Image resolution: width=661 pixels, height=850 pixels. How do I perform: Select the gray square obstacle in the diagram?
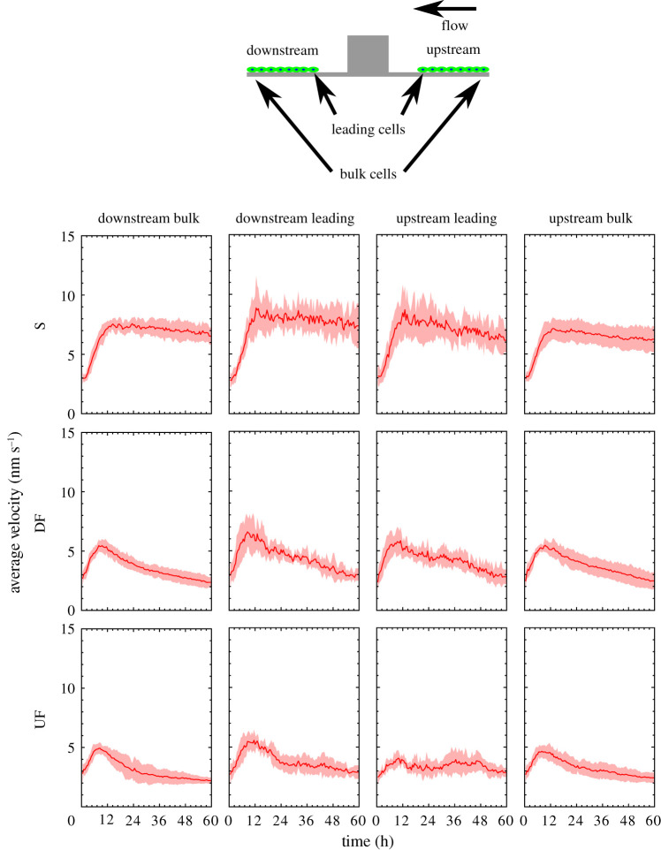pyautogui.click(x=368, y=54)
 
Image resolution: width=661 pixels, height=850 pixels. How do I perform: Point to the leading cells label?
pyautogui.click(x=368, y=129)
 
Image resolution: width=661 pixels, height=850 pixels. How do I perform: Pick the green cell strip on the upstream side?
pyautogui.click(x=453, y=69)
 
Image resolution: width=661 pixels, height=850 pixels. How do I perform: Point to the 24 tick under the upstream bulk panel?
pyautogui.click(x=579, y=820)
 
